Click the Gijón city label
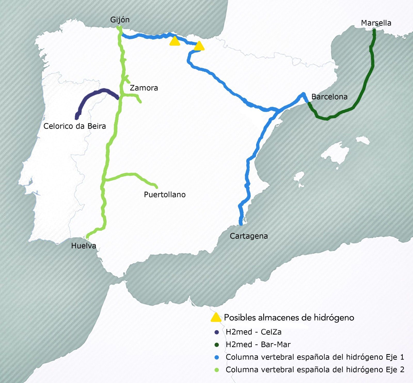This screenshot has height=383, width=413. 120,20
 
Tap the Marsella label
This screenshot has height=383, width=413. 376,23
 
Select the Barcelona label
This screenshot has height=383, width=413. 329,97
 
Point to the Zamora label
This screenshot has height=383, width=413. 144,88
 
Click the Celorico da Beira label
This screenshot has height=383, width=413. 75,126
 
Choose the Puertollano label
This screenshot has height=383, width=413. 165,194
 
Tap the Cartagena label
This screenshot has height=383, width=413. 249,236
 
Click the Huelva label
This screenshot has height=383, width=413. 84,246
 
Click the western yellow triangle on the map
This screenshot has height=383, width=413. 175,42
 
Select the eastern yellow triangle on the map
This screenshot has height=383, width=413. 199,46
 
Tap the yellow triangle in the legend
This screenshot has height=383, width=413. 216,318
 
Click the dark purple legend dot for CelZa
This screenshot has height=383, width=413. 217,332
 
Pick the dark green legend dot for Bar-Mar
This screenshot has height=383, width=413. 217,345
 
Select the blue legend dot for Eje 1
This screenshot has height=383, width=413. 217,357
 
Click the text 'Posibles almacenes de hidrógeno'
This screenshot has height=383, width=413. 289,317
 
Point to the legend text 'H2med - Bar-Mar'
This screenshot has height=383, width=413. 258,345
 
